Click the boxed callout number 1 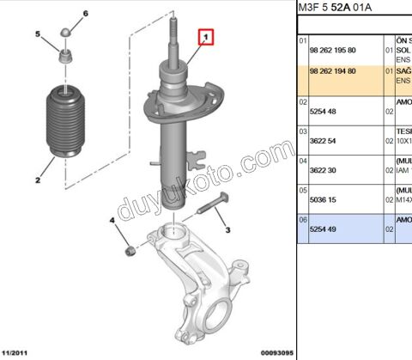[x=206, y=38]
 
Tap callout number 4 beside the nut [x=112, y=222]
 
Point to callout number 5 [x=38, y=34]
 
